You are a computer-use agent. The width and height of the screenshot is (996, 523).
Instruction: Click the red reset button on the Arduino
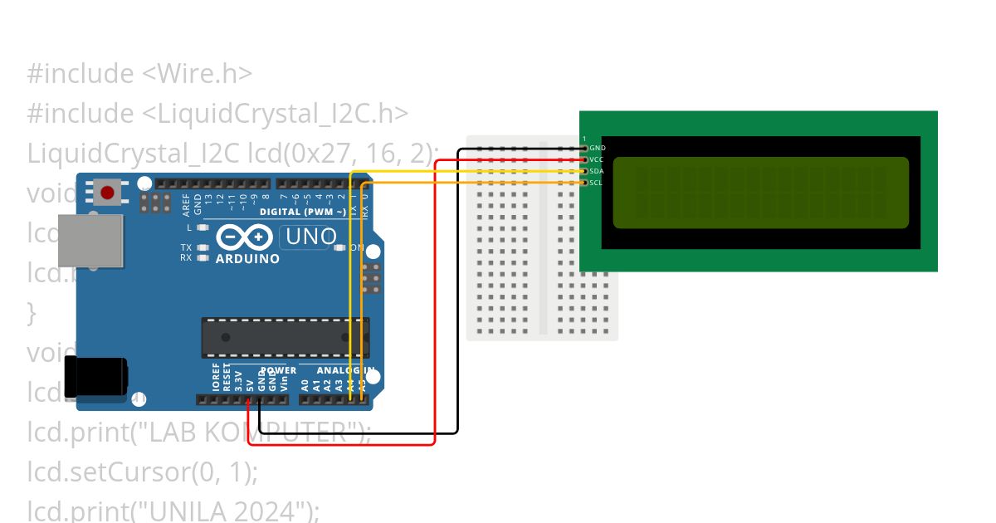pyautogui.click(x=106, y=193)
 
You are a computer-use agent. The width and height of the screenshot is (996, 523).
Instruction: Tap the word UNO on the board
pyautogui.click(x=311, y=237)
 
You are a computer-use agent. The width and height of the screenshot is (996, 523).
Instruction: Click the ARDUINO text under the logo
pyautogui.click(x=247, y=258)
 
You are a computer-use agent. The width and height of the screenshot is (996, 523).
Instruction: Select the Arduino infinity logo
pyautogui.click(x=244, y=238)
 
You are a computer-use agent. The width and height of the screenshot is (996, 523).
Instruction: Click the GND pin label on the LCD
pyautogui.click(x=598, y=148)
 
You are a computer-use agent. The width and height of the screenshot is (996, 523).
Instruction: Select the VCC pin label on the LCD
pyautogui.click(x=597, y=159)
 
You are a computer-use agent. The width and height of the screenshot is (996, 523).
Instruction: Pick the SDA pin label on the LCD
pyautogui.click(x=597, y=171)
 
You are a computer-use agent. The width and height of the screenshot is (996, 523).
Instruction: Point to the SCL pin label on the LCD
pyautogui.click(x=597, y=183)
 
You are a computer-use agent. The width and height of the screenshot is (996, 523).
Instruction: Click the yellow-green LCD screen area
pyautogui.click(x=760, y=193)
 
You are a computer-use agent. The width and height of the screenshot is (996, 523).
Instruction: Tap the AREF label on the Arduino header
pyautogui.click(x=186, y=204)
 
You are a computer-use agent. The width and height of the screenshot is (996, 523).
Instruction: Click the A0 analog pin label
pyautogui.click(x=305, y=384)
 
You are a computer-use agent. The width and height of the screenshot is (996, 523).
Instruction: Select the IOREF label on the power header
pyautogui.click(x=216, y=377)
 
